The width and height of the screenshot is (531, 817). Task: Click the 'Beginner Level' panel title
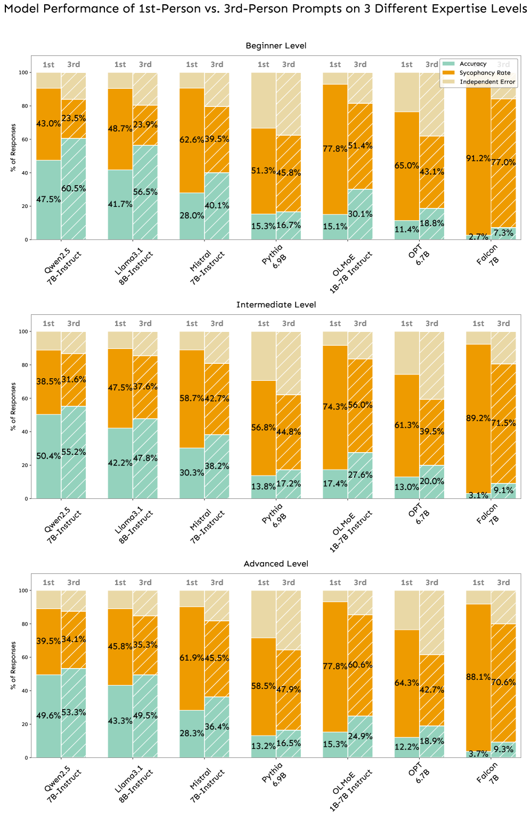(276, 46)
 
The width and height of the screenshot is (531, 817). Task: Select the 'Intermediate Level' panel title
(276, 305)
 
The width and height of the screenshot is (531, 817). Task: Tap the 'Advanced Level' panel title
(276, 564)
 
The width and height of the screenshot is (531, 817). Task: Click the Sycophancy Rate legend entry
(485, 73)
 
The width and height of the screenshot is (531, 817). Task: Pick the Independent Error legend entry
(487, 82)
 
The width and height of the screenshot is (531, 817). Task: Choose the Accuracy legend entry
(473, 64)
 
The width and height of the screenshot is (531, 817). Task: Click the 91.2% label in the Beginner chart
(478, 158)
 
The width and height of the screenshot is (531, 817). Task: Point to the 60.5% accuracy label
(73, 188)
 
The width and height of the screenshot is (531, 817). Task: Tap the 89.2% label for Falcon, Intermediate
(478, 418)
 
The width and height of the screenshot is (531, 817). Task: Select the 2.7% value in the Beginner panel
(478, 237)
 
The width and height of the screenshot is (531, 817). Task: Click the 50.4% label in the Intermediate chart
(48, 456)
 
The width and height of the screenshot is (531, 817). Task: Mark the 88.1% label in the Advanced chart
(478, 677)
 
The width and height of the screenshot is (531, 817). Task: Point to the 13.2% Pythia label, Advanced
(264, 746)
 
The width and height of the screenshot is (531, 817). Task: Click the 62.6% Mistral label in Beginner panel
(192, 140)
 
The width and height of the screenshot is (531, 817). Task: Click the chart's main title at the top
(265, 9)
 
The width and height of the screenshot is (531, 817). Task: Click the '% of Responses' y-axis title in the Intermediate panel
(13, 406)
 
